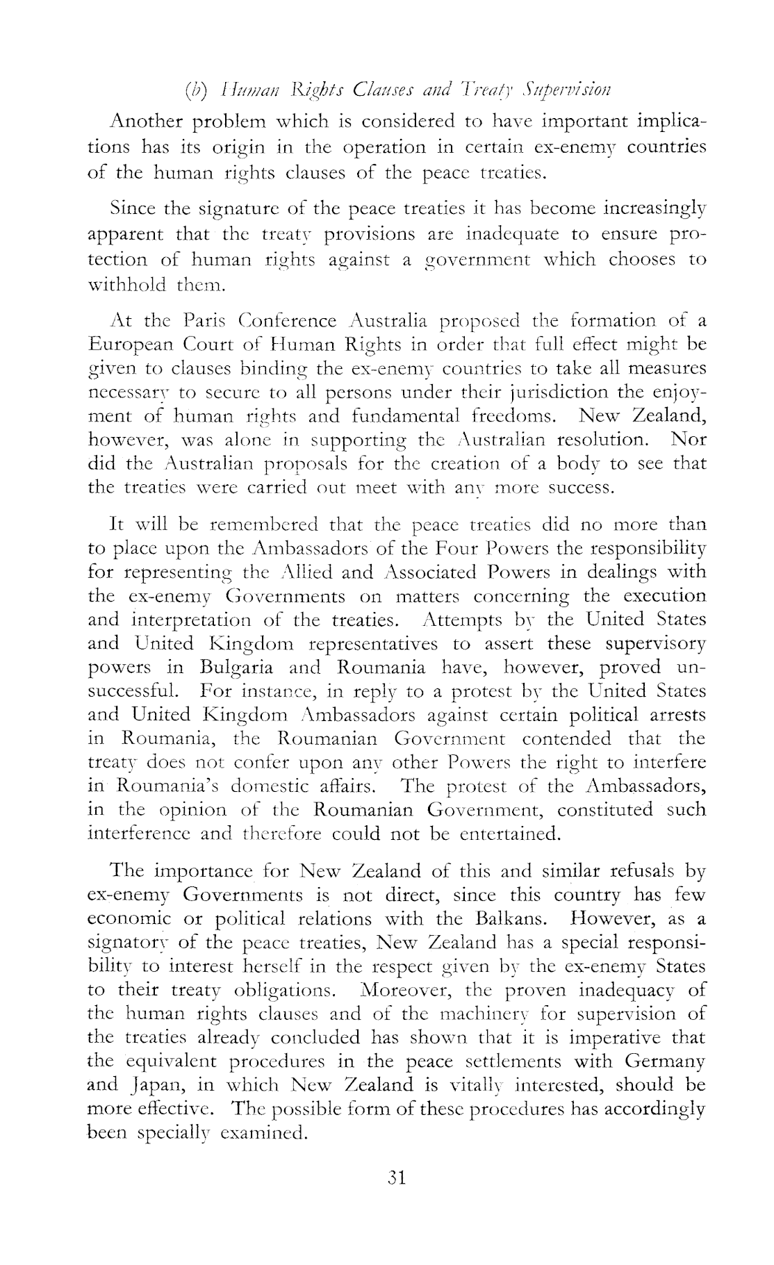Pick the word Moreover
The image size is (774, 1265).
[408, 990]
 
